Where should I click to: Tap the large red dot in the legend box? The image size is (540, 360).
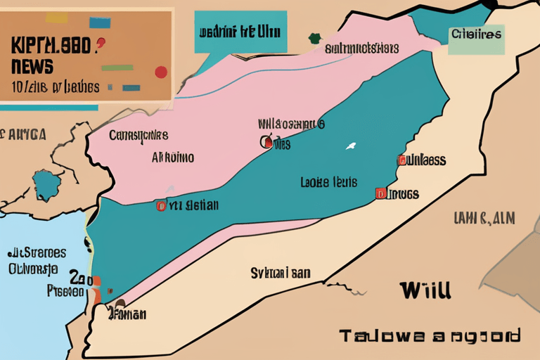coord(161,72)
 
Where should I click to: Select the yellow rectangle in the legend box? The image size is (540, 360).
coord(56,18)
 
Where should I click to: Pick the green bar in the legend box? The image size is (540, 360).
coord(117,68)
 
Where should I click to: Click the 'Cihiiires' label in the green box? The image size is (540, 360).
coord(477,33)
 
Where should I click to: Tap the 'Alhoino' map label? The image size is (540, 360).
coord(173,157)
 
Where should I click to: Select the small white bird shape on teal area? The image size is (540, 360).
coord(349,147)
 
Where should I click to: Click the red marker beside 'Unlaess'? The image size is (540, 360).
coord(401,160)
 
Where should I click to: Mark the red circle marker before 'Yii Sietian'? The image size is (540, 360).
coord(161,206)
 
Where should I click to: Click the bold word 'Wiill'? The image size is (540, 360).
coord(425,289)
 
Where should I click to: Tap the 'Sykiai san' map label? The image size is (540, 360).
coord(281,273)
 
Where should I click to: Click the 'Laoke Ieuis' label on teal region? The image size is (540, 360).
coord(329,182)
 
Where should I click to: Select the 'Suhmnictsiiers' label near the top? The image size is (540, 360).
coord(362,49)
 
